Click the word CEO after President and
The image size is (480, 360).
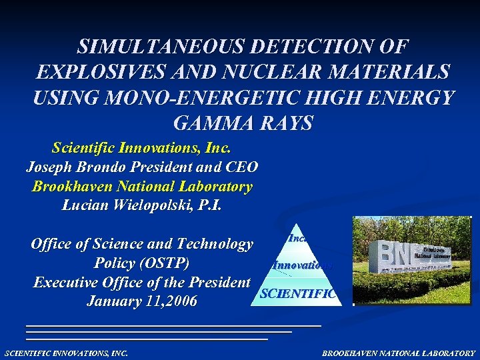tap(241, 167)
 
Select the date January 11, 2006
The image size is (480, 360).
tap(142, 301)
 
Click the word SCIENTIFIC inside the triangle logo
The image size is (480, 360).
tap(298, 293)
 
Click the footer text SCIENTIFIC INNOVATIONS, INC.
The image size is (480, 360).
tap(66, 353)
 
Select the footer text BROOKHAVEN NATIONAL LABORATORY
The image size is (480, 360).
tap(399, 353)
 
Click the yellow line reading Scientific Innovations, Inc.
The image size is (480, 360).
tap(141, 149)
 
